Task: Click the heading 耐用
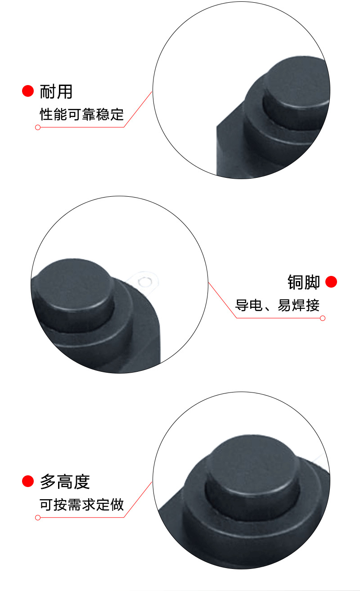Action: coord(56,91)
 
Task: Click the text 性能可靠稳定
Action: coord(82,114)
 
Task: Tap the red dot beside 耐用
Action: coord(28,91)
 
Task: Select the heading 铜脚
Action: coord(304,282)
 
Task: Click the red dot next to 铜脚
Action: coord(331,282)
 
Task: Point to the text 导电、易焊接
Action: coord(278,305)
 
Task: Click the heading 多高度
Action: coord(65,482)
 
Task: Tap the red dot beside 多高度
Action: coord(28,481)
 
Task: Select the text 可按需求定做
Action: coord(82,505)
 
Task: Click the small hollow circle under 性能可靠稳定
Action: coord(38,127)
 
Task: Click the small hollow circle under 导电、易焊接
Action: coord(322,318)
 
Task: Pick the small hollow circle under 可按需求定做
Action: coord(38,518)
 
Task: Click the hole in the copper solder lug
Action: coord(144,282)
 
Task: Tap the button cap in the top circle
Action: coord(295,90)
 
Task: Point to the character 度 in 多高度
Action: coord(82,482)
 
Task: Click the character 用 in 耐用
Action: coord(64,91)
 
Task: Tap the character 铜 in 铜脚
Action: coord(296,282)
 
